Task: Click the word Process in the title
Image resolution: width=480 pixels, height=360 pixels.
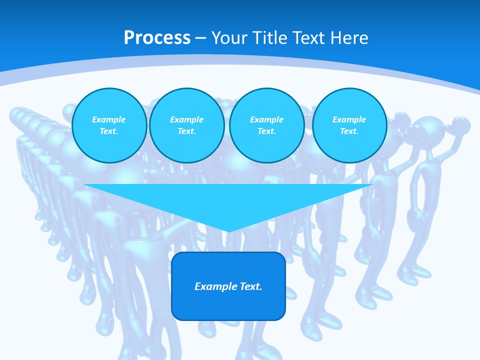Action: point(157,38)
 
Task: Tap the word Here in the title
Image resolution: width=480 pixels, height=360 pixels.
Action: point(349,38)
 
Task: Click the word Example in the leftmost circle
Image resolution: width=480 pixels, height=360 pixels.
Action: point(109,119)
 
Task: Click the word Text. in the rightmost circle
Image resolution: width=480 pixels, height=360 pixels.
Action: point(349,131)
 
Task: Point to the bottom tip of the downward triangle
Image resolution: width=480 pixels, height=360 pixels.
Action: point(228,231)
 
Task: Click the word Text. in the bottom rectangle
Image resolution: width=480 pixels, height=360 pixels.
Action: point(251,286)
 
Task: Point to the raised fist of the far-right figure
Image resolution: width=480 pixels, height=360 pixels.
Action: point(460,123)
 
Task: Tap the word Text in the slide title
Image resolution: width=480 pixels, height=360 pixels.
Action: point(309,38)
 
